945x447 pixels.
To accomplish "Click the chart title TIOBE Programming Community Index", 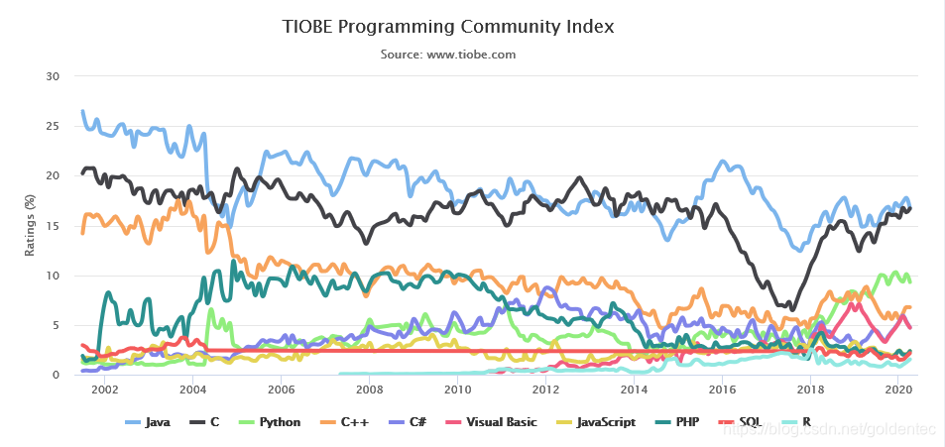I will pos(448,26).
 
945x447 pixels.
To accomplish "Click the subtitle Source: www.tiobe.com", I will pos(448,55).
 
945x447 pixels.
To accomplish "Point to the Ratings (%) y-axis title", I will pos(31,225).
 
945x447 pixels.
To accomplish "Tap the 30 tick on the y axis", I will pos(54,76).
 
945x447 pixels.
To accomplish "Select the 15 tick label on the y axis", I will pos(54,226).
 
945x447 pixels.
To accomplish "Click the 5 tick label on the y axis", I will pos(58,325).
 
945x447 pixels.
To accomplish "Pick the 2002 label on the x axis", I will pos(105,391).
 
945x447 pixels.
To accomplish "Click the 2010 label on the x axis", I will pos(457,391).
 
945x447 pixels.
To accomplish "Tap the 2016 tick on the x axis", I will pos(722,391).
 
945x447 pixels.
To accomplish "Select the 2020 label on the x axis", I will pos(897,391).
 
